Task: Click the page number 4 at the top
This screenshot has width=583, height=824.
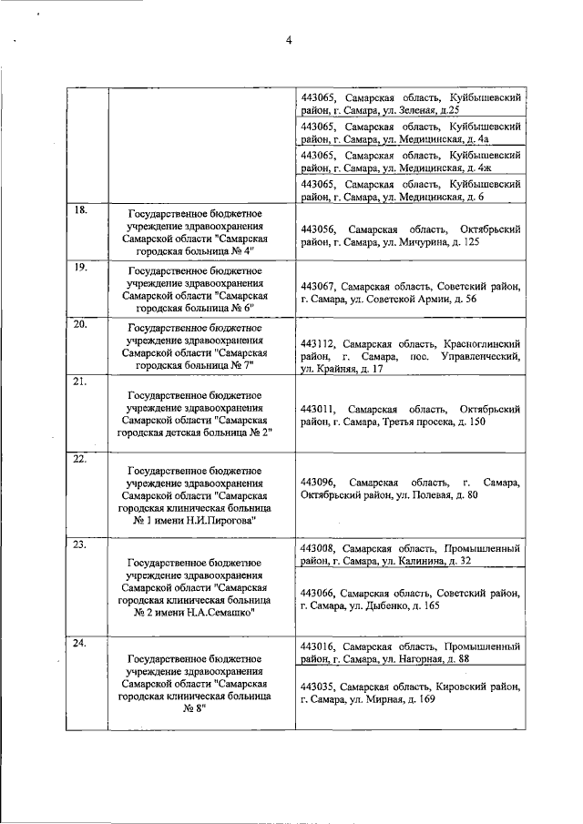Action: (x=288, y=40)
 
